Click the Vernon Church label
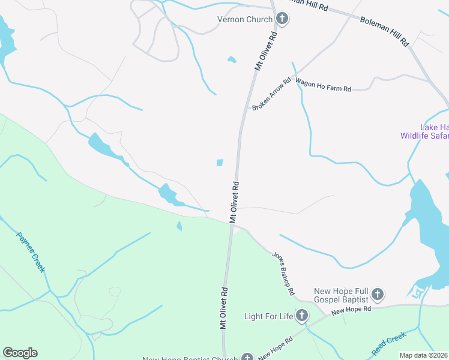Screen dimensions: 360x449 click(x=245, y=19)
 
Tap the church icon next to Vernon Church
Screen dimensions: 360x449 click(x=282, y=19)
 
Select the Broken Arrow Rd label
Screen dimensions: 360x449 click(x=271, y=94)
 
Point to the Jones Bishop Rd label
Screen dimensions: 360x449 click(x=283, y=273)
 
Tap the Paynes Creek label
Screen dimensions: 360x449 click(x=31, y=253)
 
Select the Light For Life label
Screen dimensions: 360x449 click(x=268, y=316)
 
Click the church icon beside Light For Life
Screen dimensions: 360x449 click(x=302, y=315)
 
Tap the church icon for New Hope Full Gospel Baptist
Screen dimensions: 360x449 click(x=377, y=294)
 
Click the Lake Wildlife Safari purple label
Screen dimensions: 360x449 click(x=424, y=131)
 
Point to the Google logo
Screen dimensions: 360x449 click(x=20, y=353)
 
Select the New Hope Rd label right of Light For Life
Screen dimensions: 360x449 click(x=351, y=310)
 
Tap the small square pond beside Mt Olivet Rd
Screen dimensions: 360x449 click(x=220, y=163)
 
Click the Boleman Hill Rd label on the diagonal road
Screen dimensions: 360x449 click(x=384, y=32)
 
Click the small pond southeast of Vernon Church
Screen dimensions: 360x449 click(x=232, y=59)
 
